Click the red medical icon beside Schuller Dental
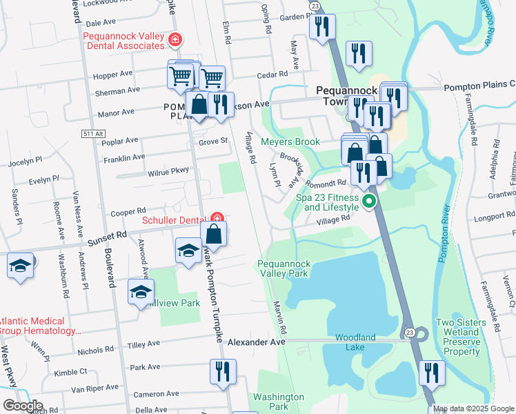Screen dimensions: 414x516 (217, 219)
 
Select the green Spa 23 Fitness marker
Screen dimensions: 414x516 (369, 202)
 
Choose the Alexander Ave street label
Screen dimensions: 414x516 (257, 342)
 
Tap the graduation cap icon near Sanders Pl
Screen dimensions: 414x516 (21, 266)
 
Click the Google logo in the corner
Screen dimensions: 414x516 (23, 406)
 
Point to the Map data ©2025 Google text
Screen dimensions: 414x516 (473, 408)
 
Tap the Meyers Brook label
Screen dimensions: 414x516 (290, 142)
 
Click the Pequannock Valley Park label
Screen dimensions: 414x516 (284, 269)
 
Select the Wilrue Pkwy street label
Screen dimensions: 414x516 (168, 170)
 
